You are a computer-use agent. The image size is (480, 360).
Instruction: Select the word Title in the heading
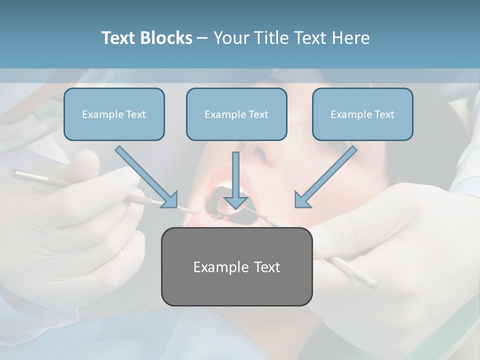[272, 38]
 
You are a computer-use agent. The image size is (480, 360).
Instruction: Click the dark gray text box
[236, 290]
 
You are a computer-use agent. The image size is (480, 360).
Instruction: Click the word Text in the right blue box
[384, 114]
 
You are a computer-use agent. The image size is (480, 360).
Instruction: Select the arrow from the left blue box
[145, 176]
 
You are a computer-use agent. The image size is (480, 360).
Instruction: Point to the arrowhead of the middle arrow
[235, 202]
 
